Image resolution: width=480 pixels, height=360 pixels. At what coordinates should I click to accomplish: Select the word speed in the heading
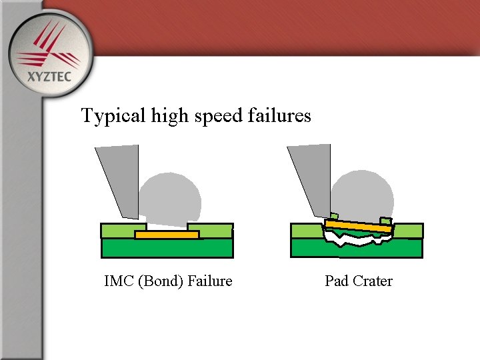coord(219,116)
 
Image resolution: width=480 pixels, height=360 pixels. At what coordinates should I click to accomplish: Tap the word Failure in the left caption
coord(210,281)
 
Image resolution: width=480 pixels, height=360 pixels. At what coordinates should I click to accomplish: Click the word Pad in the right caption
coord(337,281)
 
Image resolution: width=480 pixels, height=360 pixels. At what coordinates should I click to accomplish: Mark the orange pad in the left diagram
coord(167,235)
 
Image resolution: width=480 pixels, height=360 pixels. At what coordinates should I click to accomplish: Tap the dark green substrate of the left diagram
coord(167,248)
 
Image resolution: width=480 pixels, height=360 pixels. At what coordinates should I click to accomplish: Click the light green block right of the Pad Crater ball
coord(408,231)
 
